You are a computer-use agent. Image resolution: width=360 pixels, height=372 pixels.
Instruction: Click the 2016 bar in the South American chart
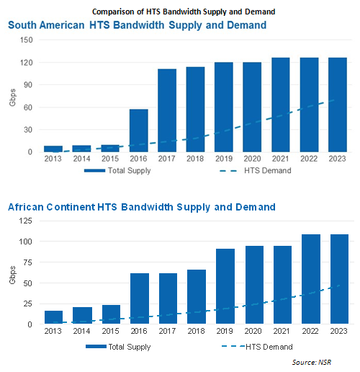coord(139,130)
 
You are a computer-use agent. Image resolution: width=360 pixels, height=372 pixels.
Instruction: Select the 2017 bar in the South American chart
coord(167,110)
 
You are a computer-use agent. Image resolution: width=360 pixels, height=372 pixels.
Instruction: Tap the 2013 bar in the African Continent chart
coord(54,317)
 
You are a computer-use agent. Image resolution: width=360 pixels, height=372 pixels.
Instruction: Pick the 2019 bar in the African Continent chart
coord(225,286)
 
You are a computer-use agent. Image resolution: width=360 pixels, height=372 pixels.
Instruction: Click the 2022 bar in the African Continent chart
coord(311,279)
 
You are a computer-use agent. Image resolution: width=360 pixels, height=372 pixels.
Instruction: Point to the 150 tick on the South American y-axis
coord(27,40)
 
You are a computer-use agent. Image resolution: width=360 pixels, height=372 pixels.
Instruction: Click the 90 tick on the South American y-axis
coord(28,85)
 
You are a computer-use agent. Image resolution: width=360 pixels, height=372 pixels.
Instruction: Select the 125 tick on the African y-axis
coord(25,221)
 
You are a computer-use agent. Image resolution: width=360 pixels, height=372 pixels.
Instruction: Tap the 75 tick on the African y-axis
coord(27,262)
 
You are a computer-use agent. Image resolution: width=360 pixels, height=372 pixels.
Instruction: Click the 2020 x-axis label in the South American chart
coord(252,159)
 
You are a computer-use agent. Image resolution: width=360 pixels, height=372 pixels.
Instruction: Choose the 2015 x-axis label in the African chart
coord(110,331)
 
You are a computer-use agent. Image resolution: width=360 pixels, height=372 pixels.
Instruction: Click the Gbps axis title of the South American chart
coord(12,97)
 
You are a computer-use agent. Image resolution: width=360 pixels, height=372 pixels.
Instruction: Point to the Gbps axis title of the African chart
coord(12,275)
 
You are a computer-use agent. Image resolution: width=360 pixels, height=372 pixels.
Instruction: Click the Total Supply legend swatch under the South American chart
coord(94,171)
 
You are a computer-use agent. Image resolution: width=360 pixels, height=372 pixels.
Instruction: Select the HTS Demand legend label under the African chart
coord(269,347)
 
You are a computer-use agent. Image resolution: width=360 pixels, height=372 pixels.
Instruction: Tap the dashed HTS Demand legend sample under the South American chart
coord(228,171)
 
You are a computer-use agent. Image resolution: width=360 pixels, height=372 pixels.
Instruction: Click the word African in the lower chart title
coord(26,207)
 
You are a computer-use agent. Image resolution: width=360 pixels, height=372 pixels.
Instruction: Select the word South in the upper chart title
coord(22,25)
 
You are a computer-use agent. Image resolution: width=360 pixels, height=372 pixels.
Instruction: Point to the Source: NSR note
coord(312,362)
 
